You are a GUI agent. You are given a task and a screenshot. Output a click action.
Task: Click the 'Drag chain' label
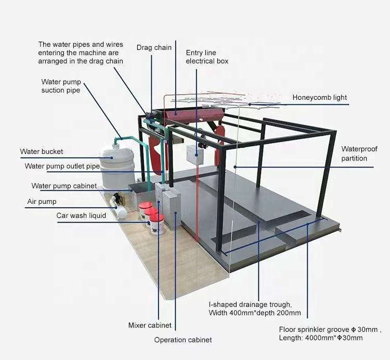click(x=154, y=48)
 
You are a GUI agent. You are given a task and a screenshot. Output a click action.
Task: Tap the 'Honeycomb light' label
click(x=319, y=97)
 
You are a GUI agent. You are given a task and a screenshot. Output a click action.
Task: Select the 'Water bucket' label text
click(x=42, y=152)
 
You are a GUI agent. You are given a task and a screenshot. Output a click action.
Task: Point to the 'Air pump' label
click(x=42, y=201)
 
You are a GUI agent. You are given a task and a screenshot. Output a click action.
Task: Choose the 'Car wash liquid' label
click(x=81, y=215)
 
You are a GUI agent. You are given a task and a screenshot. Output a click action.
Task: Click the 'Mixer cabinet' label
click(x=150, y=326)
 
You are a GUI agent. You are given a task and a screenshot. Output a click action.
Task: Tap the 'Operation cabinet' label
click(x=183, y=340)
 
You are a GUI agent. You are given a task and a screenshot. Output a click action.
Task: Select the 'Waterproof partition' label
click(x=354, y=153)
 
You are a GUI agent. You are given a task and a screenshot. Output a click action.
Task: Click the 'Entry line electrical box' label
click(x=207, y=57)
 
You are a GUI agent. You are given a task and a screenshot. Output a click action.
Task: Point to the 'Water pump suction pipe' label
click(x=61, y=86)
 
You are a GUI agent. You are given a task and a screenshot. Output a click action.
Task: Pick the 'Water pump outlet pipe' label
click(x=62, y=166)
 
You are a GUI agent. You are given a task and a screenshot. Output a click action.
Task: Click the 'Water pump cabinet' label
click(x=64, y=186)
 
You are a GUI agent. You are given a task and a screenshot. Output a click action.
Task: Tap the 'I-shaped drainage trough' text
click(x=250, y=304)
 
